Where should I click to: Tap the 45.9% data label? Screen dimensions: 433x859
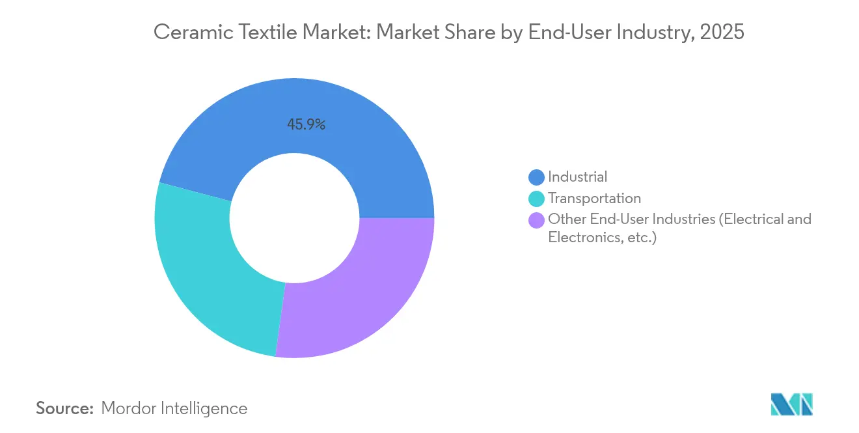306,124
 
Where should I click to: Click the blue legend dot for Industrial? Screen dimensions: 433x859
536,177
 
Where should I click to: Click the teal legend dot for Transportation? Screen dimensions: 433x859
536,199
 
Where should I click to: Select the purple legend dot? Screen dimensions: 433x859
536,220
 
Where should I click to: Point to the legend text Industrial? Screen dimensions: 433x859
577,176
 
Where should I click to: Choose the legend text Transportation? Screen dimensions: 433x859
594,198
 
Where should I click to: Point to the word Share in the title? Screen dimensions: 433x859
466,33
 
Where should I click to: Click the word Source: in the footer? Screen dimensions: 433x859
65,408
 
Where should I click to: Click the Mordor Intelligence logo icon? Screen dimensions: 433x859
791,404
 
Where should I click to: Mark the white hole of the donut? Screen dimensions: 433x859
294,218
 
